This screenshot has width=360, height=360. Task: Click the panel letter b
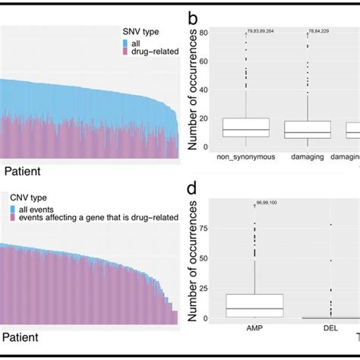(194, 15)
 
